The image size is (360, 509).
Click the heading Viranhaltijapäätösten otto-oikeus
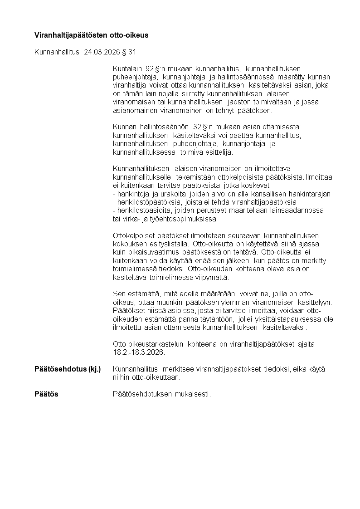pyautogui.click(x=91, y=35)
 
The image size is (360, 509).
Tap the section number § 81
pyautogui.click(x=129, y=52)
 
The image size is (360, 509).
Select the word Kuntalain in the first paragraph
pyautogui.click(x=126, y=69)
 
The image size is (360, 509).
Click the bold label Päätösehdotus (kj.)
pyautogui.click(x=68, y=369)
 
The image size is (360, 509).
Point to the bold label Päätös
pyautogui.click(x=46, y=394)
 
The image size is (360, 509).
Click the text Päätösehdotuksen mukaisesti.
pyautogui.click(x=161, y=394)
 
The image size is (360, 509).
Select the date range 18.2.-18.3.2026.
pyautogui.click(x=139, y=352)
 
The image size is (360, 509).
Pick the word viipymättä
pyautogui.click(x=214, y=277)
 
